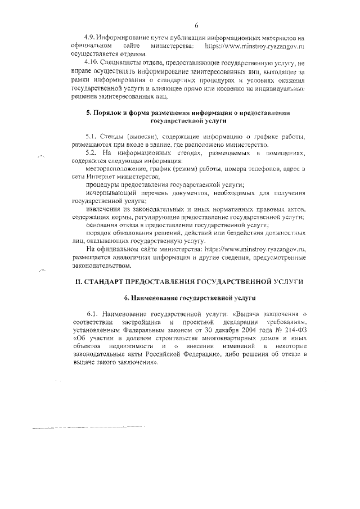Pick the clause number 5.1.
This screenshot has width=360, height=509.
point(92,137)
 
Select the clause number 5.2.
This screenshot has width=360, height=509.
point(92,152)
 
